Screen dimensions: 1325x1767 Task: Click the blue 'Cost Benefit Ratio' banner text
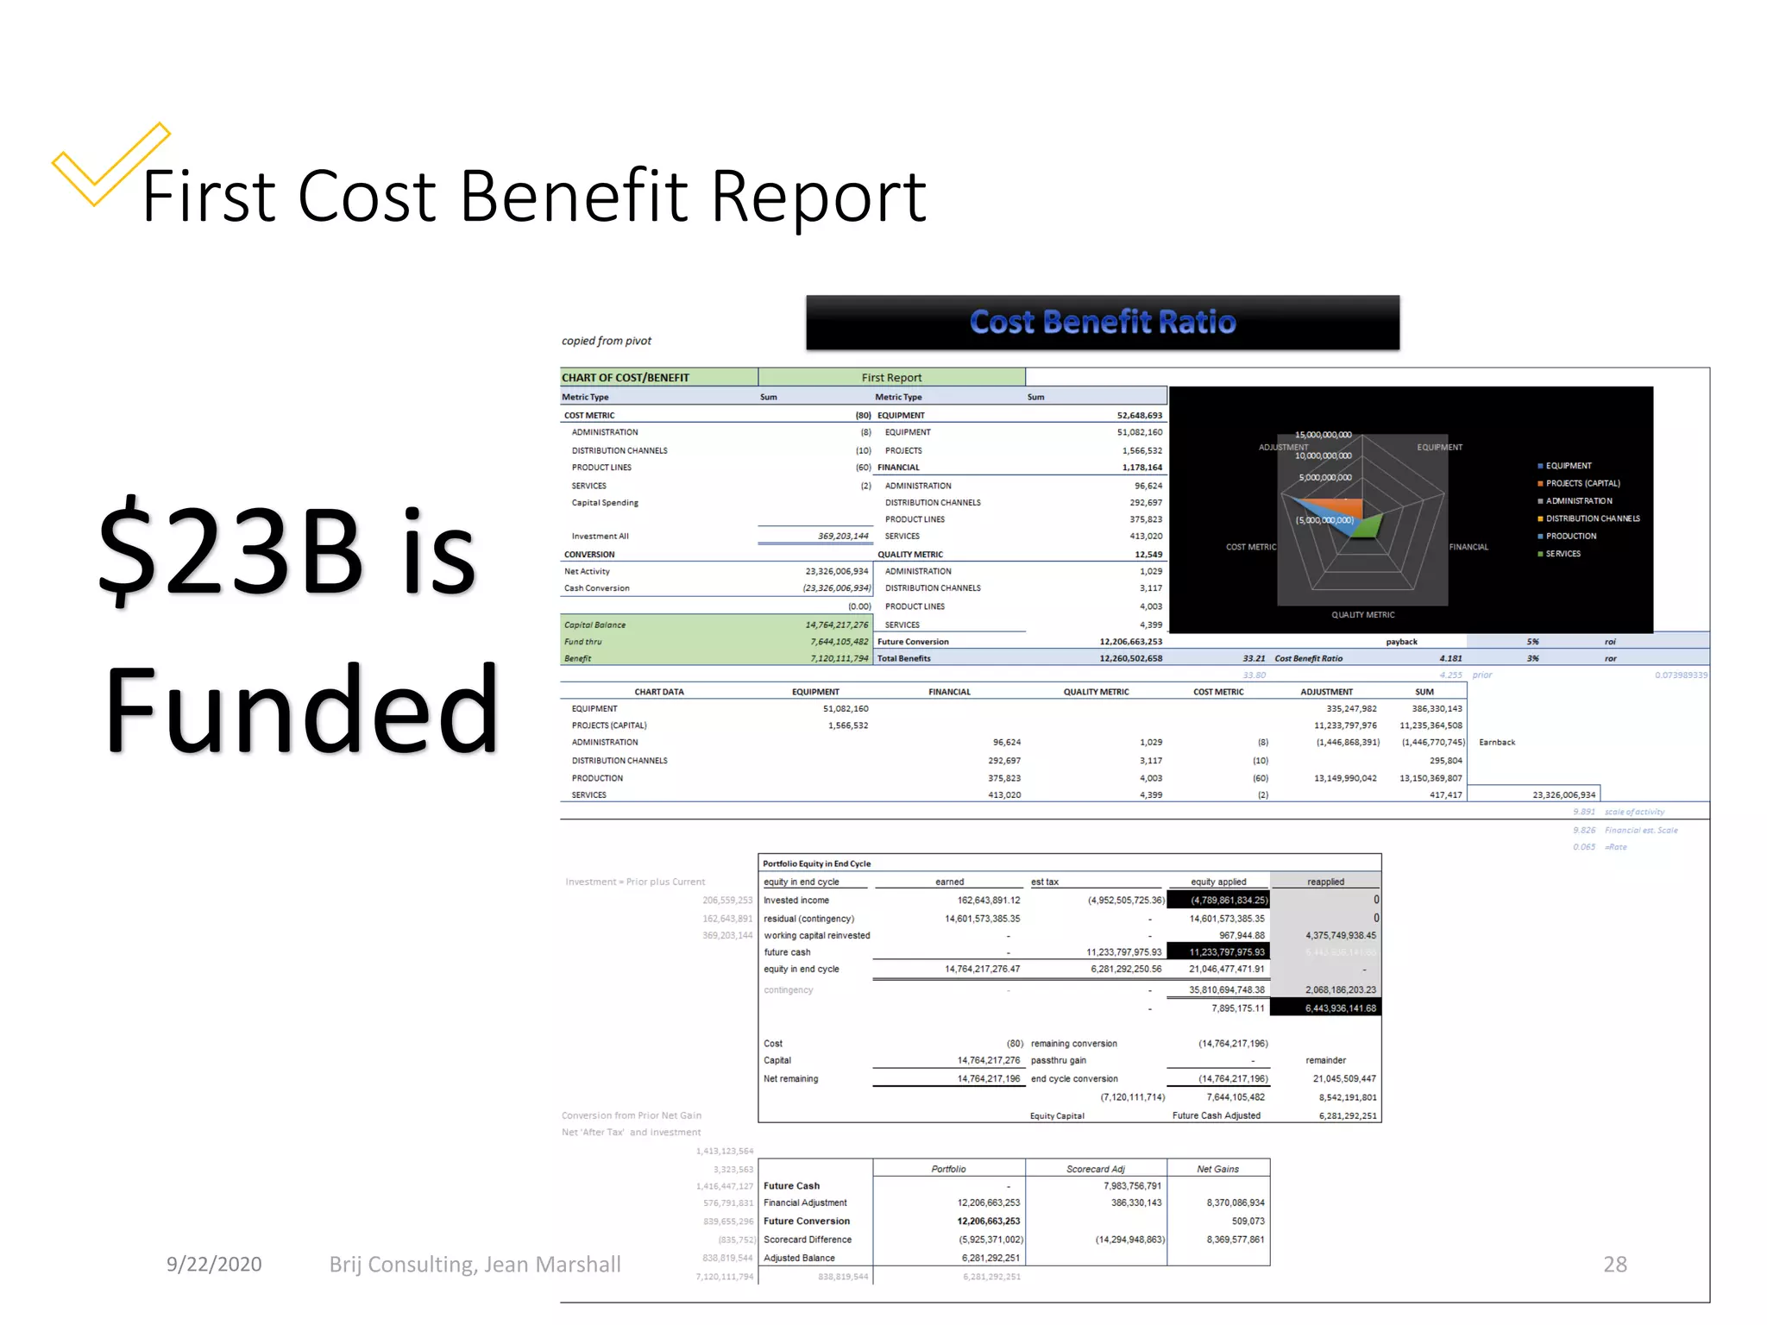pyautogui.click(x=1102, y=323)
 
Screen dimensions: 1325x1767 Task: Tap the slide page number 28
pyautogui.click(x=1614, y=1264)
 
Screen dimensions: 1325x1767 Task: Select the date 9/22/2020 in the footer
pyautogui.click(x=214, y=1264)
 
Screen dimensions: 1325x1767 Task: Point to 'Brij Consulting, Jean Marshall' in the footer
pyautogui.click(x=475, y=1264)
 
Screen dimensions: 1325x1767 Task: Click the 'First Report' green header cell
pyautogui.click(x=891, y=378)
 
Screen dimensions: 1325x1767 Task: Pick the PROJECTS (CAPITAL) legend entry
pyautogui.click(x=1582, y=483)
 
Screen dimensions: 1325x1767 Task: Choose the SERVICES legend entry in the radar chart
pyautogui.click(x=1563, y=554)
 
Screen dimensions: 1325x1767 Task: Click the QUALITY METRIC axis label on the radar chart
pyautogui.click(x=1362, y=615)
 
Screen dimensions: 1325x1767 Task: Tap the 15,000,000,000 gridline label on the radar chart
pyautogui.click(x=1323, y=435)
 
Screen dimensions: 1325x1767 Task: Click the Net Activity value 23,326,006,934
pyautogui.click(x=836, y=571)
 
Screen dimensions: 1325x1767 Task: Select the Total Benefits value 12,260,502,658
pyautogui.click(x=1130, y=658)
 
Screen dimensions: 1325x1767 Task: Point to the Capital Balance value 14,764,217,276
pyautogui.click(x=836, y=625)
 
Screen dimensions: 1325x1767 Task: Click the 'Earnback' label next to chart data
pyautogui.click(x=1497, y=742)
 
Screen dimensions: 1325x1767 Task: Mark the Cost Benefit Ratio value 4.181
pyautogui.click(x=1450, y=658)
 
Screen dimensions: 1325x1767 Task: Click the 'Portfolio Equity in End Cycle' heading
pyautogui.click(x=816, y=863)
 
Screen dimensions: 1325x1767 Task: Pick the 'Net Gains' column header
pyautogui.click(x=1217, y=1169)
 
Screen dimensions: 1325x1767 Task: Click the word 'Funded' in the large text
pyautogui.click(x=301, y=711)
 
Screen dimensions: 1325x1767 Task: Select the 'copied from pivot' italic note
pyautogui.click(x=607, y=341)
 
